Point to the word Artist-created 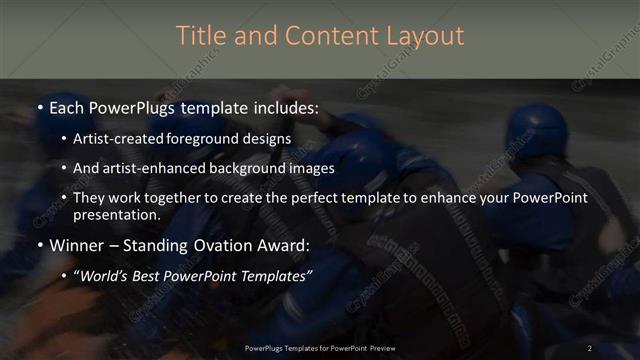coord(112,138)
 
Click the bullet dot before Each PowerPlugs coord(39,108)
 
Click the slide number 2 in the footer coord(590,347)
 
